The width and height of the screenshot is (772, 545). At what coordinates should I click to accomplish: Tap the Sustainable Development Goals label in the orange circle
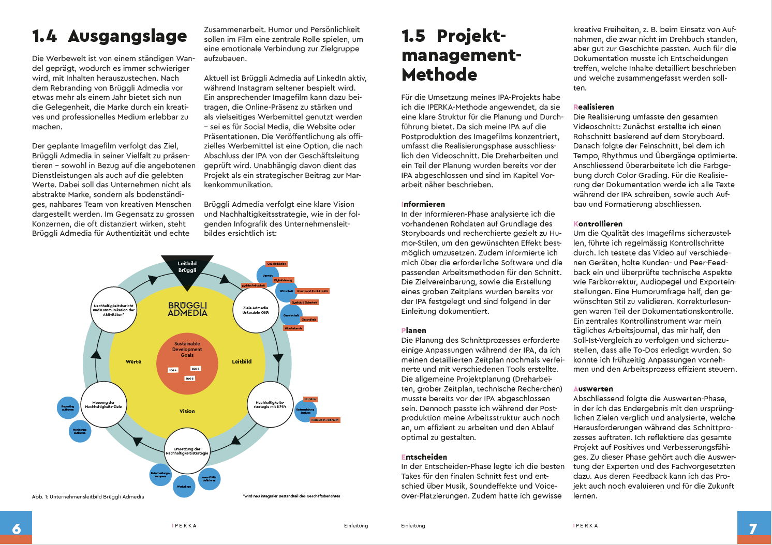tap(187, 350)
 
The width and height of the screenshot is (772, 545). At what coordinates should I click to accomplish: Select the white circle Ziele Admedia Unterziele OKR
tap(256, 310)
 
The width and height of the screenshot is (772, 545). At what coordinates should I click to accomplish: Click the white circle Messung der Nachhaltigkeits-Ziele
tap(103, 404)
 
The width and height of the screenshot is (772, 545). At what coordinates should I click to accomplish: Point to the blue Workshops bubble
tap(184, 486)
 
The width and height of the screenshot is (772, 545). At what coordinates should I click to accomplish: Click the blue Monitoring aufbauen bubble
tap(80, 431)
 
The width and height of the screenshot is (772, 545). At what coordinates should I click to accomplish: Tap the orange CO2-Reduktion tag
tap(276, 264)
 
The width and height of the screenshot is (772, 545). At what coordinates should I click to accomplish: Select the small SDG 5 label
tap(189, 379)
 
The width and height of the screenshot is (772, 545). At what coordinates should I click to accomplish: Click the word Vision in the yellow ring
tap(187, 412)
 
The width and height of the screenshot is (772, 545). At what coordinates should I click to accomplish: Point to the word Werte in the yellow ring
tap(133, 362)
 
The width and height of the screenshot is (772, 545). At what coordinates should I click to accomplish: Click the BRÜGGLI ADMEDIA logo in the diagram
tap(187, 309)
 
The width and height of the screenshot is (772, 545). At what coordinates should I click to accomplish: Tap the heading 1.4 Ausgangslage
tap(109, 36)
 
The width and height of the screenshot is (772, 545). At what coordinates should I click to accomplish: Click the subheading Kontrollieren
tap(598, 224)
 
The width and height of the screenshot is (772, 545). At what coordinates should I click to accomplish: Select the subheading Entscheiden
tap(424, 457)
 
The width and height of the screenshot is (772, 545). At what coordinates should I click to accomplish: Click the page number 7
tap(753, 528)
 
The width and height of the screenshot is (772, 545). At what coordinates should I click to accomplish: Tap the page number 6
tap(17, 528)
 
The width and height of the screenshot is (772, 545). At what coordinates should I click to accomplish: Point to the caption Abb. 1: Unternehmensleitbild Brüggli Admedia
tap(88, 497)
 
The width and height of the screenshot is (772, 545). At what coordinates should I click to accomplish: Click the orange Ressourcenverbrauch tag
tap(325, 420)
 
